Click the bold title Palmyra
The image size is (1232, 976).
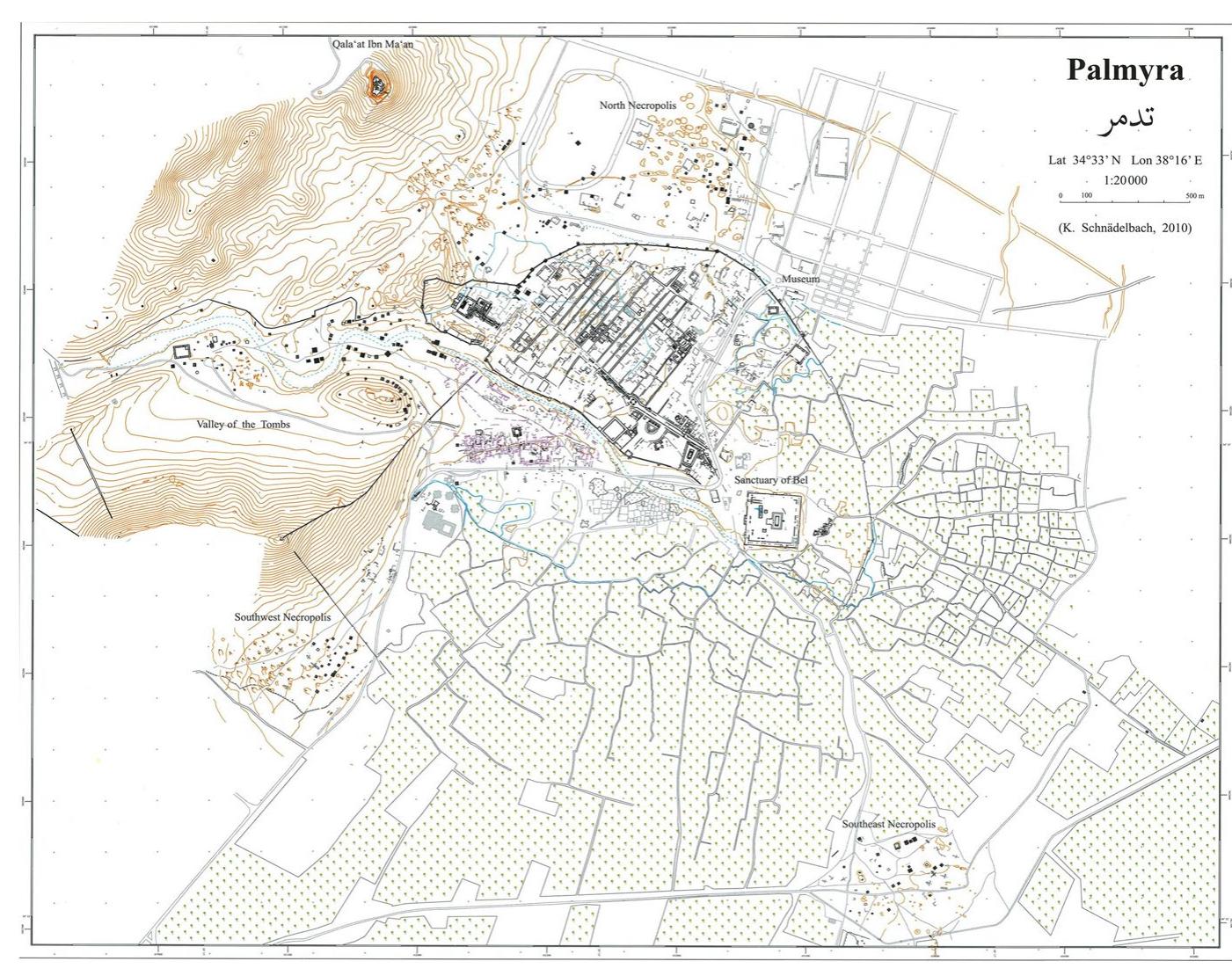1126,69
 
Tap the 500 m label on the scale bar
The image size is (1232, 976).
1194,195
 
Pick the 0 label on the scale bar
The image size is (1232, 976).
1061,195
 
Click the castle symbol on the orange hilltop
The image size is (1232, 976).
380,84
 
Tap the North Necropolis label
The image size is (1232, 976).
638,106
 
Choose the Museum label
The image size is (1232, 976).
800,279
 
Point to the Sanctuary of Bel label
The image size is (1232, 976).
770,480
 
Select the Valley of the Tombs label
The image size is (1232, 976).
243,424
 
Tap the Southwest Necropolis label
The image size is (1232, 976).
282,617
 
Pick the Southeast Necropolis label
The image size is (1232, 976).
888,825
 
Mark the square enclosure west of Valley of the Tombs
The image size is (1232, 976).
181,352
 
